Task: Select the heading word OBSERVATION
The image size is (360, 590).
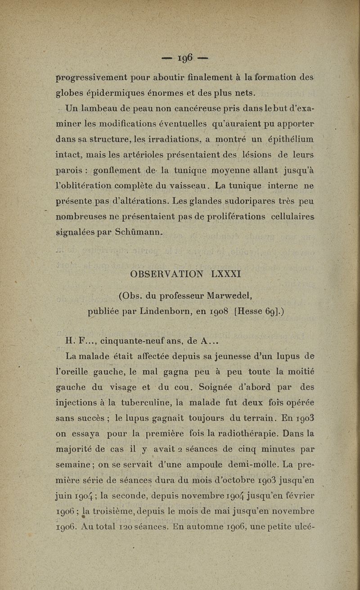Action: click(x=165, y=274)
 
